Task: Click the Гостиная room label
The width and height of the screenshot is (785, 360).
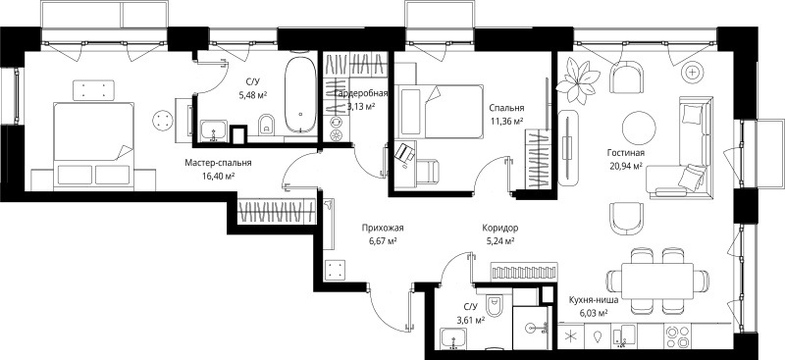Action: (625, 153)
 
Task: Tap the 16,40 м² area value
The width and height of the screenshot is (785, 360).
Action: (219, 176)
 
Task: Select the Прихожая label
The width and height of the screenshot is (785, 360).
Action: (383, 229)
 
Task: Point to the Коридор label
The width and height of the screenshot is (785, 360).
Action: (500, 229)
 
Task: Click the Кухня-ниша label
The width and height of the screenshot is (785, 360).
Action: (594, 300)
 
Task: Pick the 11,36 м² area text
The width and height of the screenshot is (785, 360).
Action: (506, 121)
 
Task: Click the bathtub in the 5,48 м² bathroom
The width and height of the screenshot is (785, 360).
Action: (300, 94)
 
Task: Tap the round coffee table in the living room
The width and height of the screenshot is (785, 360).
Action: (639, 128)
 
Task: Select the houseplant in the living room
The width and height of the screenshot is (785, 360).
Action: (577, 81)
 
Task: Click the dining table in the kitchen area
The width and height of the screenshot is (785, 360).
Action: (657, 281)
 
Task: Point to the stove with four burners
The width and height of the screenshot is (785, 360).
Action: (676, 337)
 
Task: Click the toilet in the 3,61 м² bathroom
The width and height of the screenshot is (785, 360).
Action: (495, 305)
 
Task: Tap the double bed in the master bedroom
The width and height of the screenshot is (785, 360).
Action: (94, 146)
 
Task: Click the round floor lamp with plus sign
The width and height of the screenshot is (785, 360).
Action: (693, 73)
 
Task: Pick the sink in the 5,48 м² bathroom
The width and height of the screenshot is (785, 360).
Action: (214, 131)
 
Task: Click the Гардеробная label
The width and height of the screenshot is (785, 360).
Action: (361, 93)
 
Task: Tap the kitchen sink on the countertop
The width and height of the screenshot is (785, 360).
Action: (623, 335)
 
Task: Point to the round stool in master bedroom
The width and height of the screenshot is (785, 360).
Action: (162, 121)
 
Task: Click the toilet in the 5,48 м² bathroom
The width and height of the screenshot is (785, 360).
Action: (267, 125)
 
